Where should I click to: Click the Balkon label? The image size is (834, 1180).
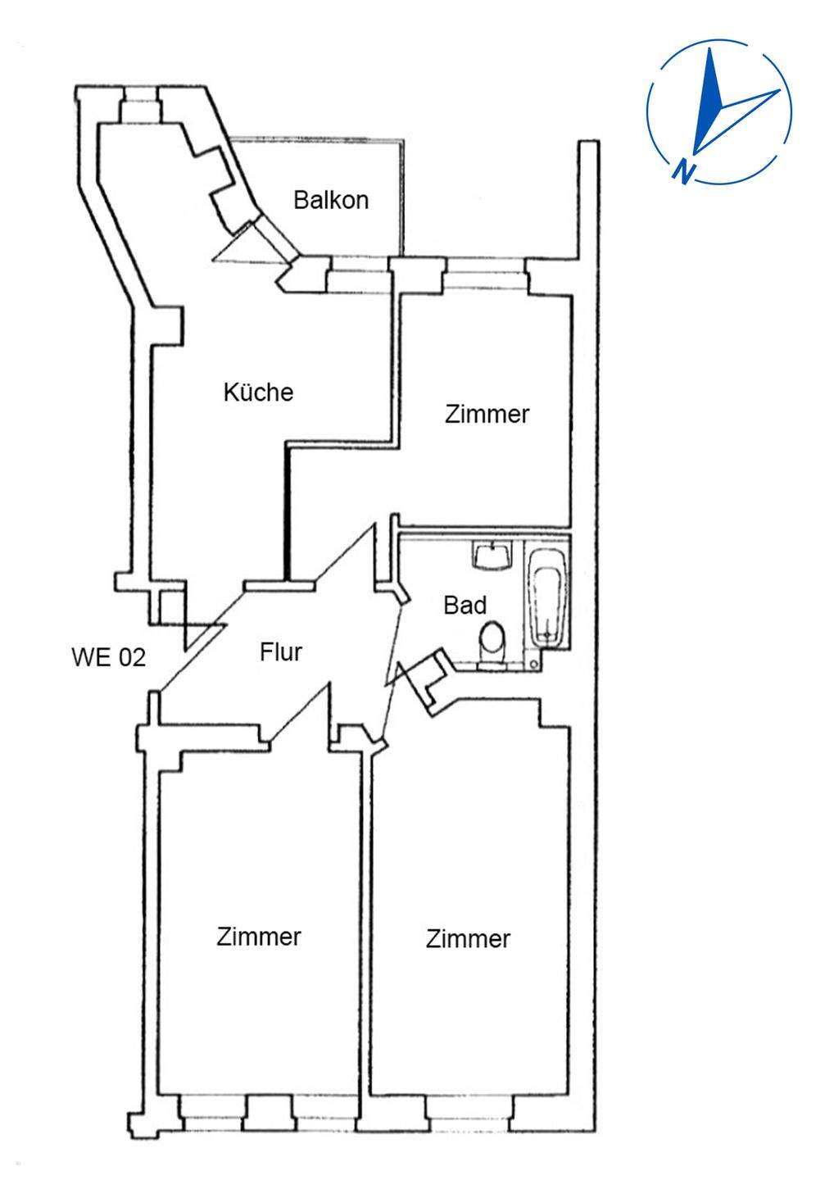click(331, 200)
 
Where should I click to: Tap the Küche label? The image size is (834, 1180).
click(258, 393)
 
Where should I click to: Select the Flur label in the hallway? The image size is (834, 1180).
click(281, 652)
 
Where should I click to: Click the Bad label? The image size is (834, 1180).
click(465, 606)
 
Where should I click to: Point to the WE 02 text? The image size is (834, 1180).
click(109, 657)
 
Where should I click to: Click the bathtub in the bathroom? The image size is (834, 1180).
click(546, 598)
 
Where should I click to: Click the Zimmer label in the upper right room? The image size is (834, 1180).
click(487, 414)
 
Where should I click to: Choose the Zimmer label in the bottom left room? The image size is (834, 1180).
click(259, 937)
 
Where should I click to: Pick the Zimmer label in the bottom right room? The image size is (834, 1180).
click(468, 939)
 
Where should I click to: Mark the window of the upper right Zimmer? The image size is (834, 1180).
click(484, 275)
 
